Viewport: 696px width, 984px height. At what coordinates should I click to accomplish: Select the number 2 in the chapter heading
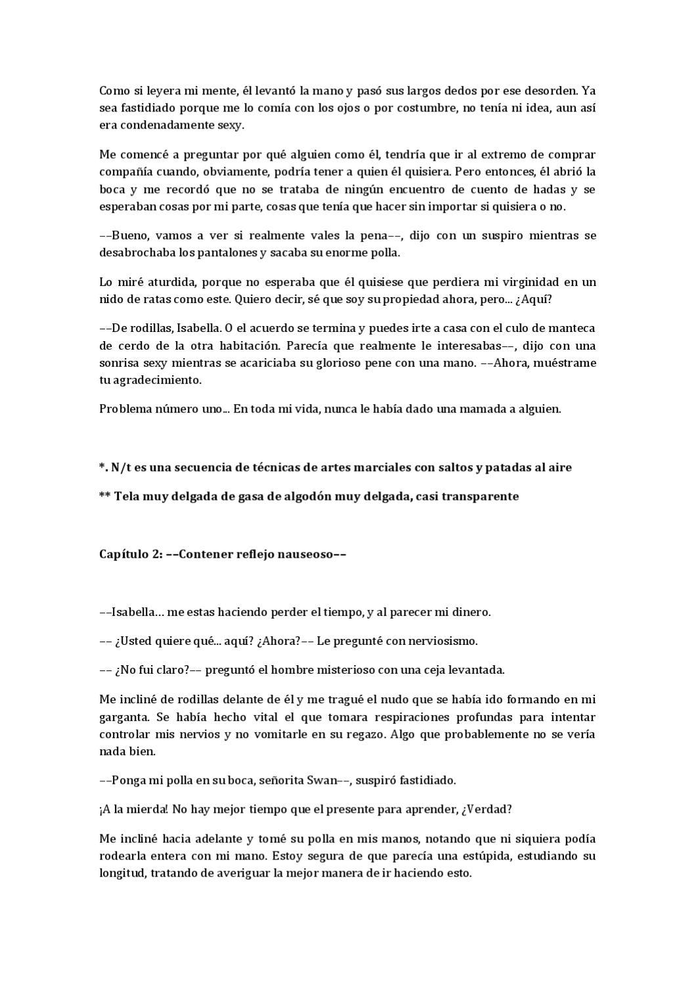[x=158, y=554]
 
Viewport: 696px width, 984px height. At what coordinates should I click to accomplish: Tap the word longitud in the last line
[x=122, y=874]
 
